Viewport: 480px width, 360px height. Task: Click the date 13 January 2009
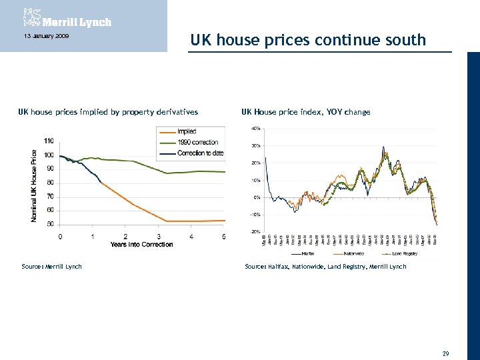pyautogui.click(x=42, y=35)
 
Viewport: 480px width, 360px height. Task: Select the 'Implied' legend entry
pyautogui.click(x=187, y=132)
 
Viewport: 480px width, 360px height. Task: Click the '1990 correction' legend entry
pyautogui.click(x=197, y=143)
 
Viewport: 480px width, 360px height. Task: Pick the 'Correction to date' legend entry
pyautogui.click(x=200, y=153)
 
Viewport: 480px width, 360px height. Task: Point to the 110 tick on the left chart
pyautogui.click(x=49, y=141)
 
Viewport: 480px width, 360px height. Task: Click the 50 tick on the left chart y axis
pyautogui.click(x=51, y=224)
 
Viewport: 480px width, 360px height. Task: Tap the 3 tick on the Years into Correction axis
pyautogui.click(x=159, y=237)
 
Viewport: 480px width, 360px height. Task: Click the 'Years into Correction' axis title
pyautogui.click(x=141, y=244)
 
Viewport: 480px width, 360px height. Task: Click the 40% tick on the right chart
pyautogui.click(x=255, y=128)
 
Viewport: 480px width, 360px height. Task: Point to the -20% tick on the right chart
pyautogui.click(x=255, y=231)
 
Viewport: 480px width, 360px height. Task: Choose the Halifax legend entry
pyautogui.click(x=307, y=253)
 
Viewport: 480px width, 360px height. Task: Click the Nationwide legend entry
pyautogui.click(x=353, y=253)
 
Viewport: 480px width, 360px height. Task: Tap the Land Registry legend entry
pyautogui.click(x=403, y=253)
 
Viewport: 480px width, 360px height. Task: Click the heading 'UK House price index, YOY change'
pyautogui.click(x=305, y=112)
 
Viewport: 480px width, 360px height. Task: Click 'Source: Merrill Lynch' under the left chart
pyautogui.click(x=51, y=267)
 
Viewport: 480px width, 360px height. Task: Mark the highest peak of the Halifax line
pyautogui.click(x=383, y=147)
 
